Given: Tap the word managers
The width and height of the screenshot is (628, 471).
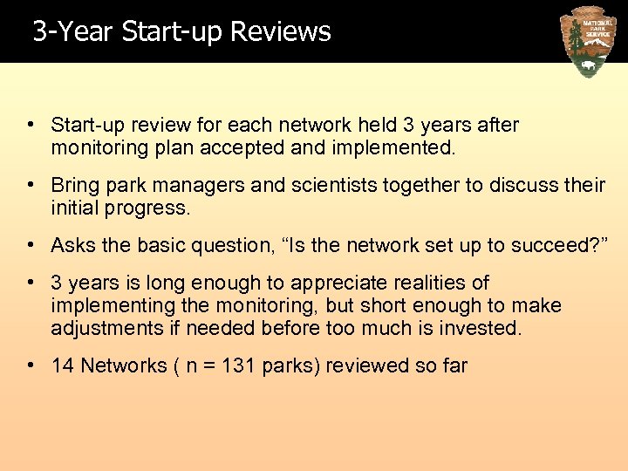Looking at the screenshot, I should tap(200, 185).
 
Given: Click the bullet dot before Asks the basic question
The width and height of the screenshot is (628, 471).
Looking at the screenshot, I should tap(31, 245).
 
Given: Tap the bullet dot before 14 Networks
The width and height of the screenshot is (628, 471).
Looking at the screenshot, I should tap(31, 365).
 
